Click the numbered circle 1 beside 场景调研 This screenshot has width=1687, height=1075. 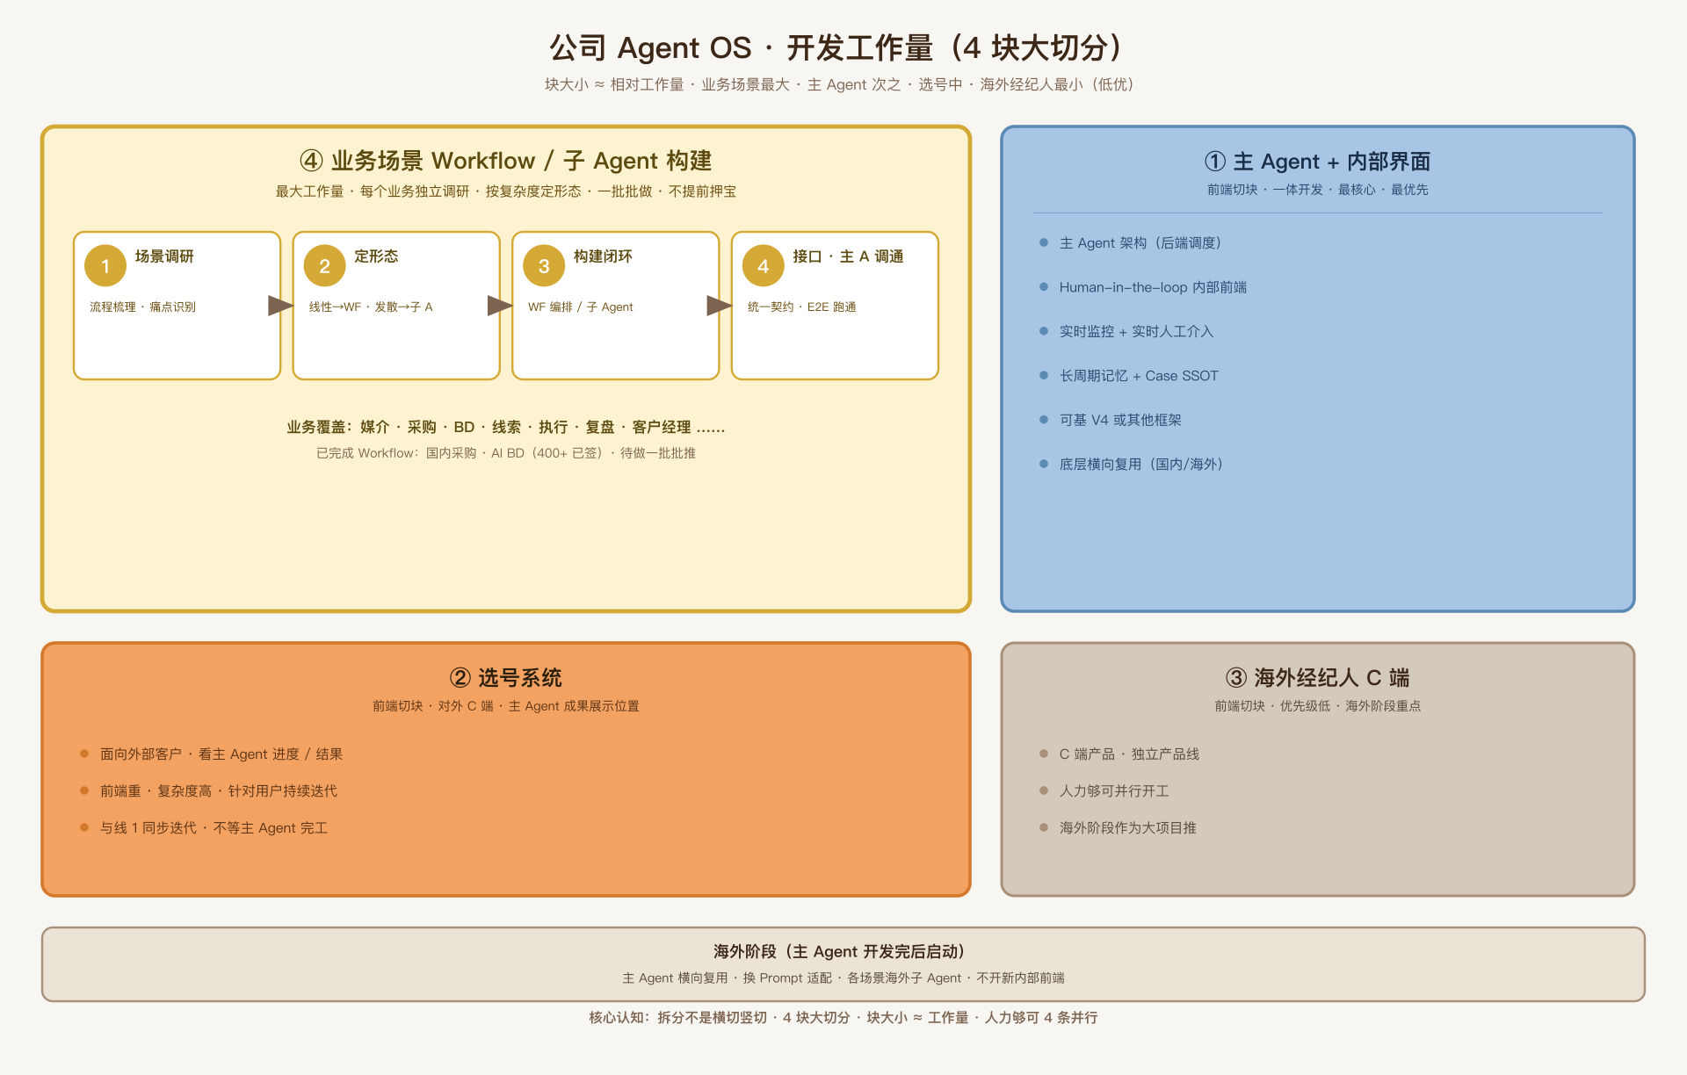pos(105,265)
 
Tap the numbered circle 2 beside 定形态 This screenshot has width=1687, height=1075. pos(324,265)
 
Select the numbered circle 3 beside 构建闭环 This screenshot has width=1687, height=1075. pos(544,265)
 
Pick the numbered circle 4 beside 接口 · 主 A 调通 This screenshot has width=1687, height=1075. pos(764,265)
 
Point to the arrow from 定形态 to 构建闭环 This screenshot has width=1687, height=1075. pos(500,306)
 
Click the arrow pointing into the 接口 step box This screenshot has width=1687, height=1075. pos(720,306)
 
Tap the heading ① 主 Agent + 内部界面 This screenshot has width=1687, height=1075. pos(1317,162)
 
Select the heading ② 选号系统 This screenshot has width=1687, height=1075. pos(505,677)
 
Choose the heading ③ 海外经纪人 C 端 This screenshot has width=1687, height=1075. pos(1317,677)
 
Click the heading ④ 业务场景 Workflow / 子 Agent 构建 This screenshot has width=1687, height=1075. pos(505,161)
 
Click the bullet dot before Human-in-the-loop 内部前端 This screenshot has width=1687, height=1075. pos(1044,286)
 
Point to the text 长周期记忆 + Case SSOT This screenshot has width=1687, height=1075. pos(1139,376)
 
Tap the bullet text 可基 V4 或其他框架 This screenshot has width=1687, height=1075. pos(1120,420)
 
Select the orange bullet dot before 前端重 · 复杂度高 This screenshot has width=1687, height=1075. pos(84,790)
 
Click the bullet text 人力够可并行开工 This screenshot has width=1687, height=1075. pos(1114,790)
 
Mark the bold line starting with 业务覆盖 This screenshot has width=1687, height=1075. pos(505,427)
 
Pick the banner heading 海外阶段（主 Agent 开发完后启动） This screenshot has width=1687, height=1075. pos(843,951)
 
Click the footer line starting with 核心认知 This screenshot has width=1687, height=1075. pos(843,1017)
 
